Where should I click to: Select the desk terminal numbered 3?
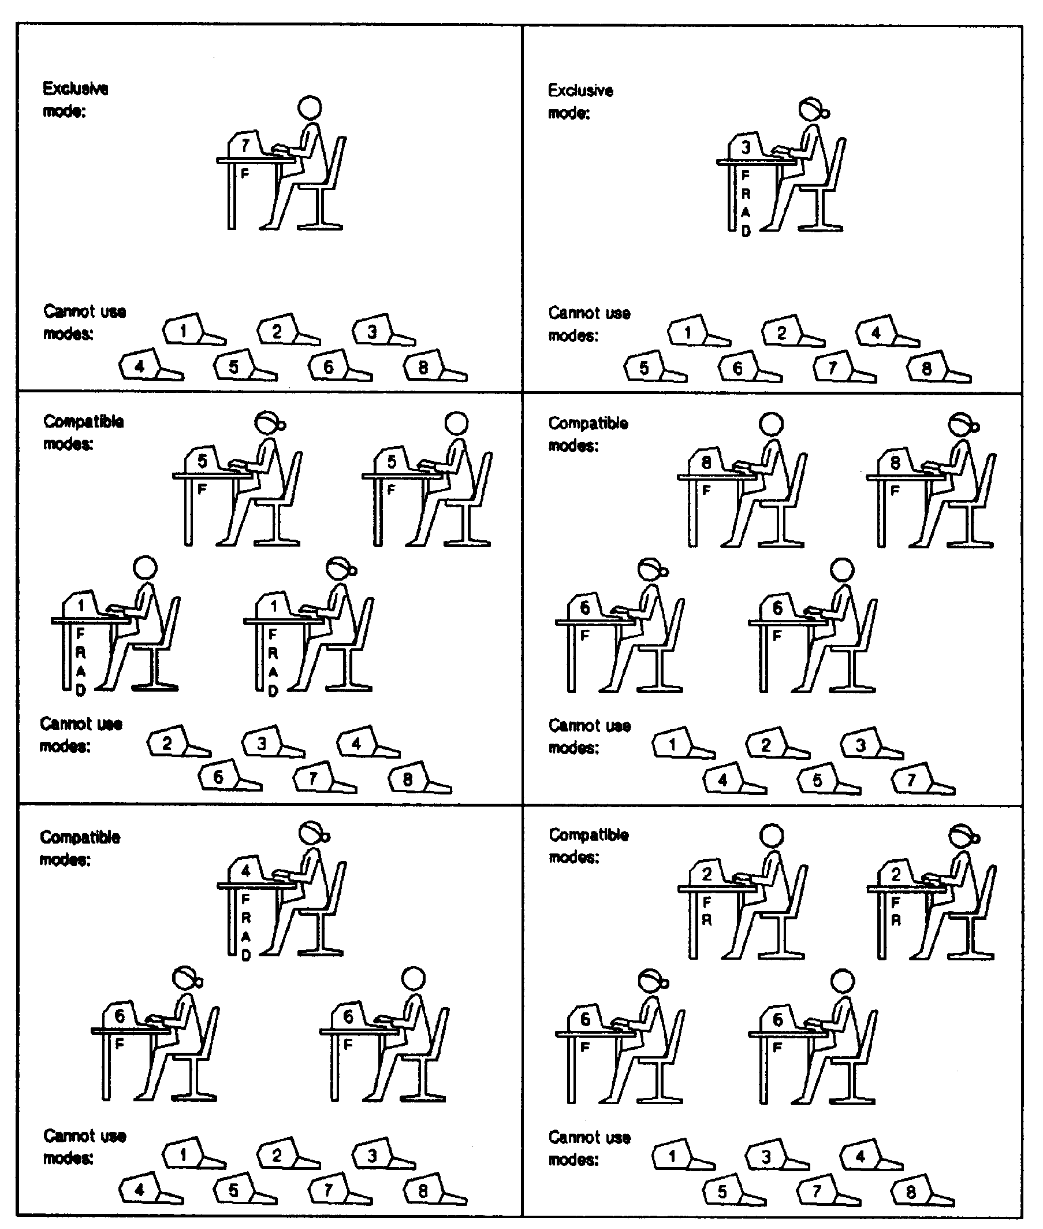click(x=745, y=147)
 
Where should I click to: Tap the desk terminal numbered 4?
click(x=245, y=871)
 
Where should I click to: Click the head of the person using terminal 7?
click(x=309, y=107)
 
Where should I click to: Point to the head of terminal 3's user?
click(x=812, y=109)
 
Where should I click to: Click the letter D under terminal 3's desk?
click(x=746, y=231)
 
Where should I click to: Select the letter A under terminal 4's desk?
click(x=246, y=935)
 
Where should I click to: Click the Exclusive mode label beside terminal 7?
click(x=75, y=99)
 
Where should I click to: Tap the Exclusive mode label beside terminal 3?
click(x=580, y=101)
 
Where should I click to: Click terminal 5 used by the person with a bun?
click(x=203, y=461)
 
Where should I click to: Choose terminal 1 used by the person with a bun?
click(x=273, y=606)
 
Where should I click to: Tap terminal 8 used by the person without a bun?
click(x=706, y=462)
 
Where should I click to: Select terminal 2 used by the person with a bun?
click(x=895, y=874)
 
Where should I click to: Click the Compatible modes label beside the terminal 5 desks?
click(x=83, y=432)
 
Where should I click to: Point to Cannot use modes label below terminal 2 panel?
click(x=589, y=1149)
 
